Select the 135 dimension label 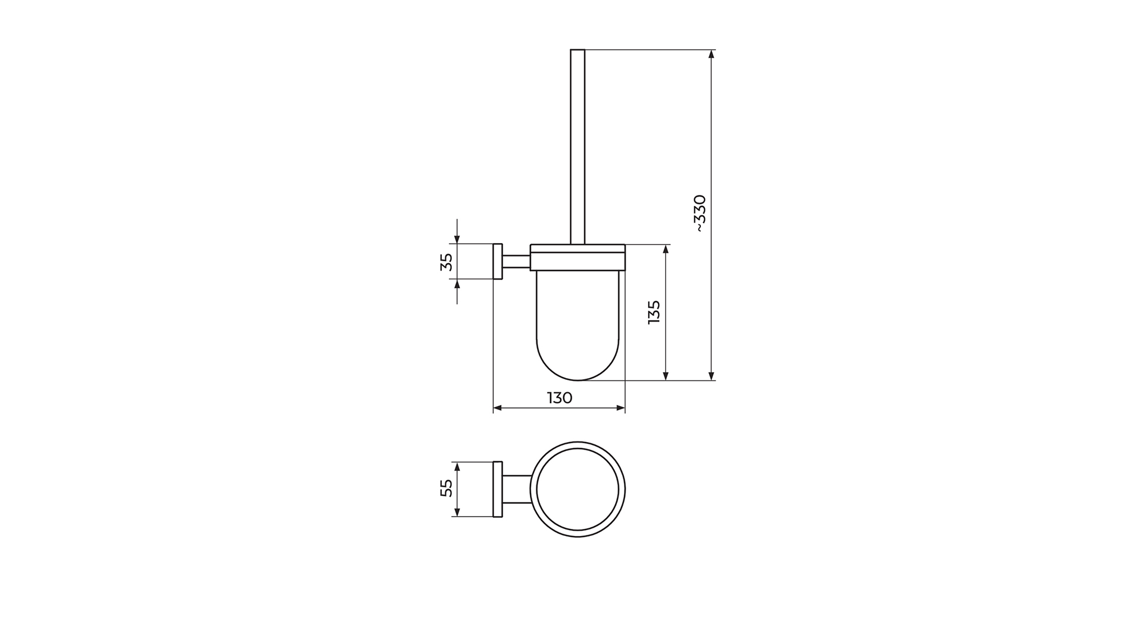click(654, 312)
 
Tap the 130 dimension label click(560, 398)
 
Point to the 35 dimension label click(446, 262)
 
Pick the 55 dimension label click(446, 488)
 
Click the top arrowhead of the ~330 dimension click(711, 54)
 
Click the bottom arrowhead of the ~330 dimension click(711, 376)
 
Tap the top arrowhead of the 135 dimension click(666, 249)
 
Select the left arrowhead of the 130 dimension click(498, 408)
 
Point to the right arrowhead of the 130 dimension click(620, 408)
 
